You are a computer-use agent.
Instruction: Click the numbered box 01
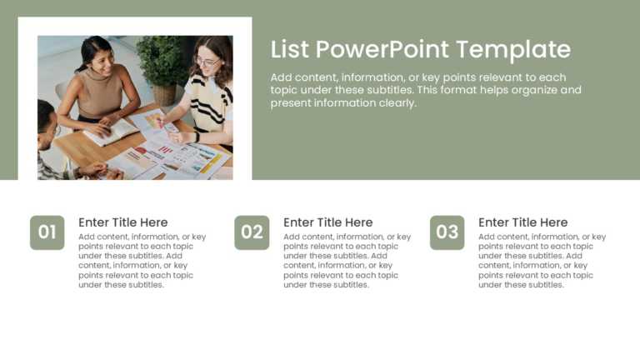47,232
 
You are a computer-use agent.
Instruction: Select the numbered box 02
252,232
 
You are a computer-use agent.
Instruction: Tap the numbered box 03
447,232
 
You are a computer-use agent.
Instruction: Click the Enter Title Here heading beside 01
122,222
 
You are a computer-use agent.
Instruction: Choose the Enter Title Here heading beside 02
327,222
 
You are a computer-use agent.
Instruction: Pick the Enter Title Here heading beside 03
522,222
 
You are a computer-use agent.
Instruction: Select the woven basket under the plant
165,94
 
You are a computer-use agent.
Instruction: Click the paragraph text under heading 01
142,261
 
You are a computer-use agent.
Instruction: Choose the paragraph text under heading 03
542,261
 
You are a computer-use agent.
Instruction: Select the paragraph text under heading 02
347,261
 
